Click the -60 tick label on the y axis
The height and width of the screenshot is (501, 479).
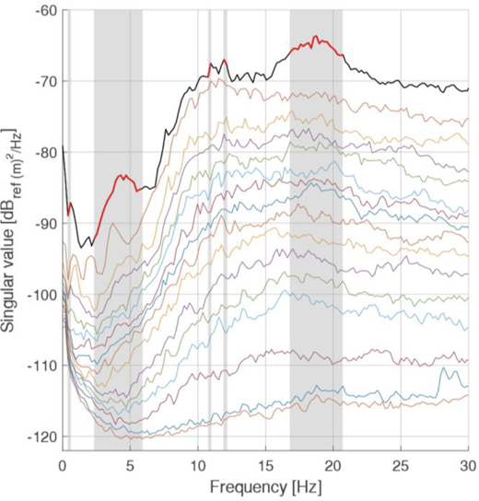tap(47, 10)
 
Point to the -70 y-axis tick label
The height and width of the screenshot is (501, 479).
tap(47, 81)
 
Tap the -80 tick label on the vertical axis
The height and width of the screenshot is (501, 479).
tap(47, 152)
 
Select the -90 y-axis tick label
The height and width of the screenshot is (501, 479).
tap(47, 223)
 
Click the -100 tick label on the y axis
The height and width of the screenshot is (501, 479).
tap(44, 295)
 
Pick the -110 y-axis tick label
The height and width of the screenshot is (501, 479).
tap(44, 366)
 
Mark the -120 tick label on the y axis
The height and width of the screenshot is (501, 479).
tap(44, 437)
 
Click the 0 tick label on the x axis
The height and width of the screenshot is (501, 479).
tap(63, 467)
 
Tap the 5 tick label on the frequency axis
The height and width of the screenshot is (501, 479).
tap(130, 467)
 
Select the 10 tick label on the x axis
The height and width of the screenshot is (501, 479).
tap(198, 467)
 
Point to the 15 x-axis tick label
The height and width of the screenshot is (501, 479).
tap(265, 467)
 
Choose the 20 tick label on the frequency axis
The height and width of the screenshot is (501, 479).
tap(333, 467)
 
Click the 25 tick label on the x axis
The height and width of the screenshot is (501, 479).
tap(401, 467)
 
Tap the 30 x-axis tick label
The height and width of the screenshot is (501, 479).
tap(469, 467)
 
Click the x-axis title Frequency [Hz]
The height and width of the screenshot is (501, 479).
tap(266, 488)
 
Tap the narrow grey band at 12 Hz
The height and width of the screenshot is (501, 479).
tap(226, 230)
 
